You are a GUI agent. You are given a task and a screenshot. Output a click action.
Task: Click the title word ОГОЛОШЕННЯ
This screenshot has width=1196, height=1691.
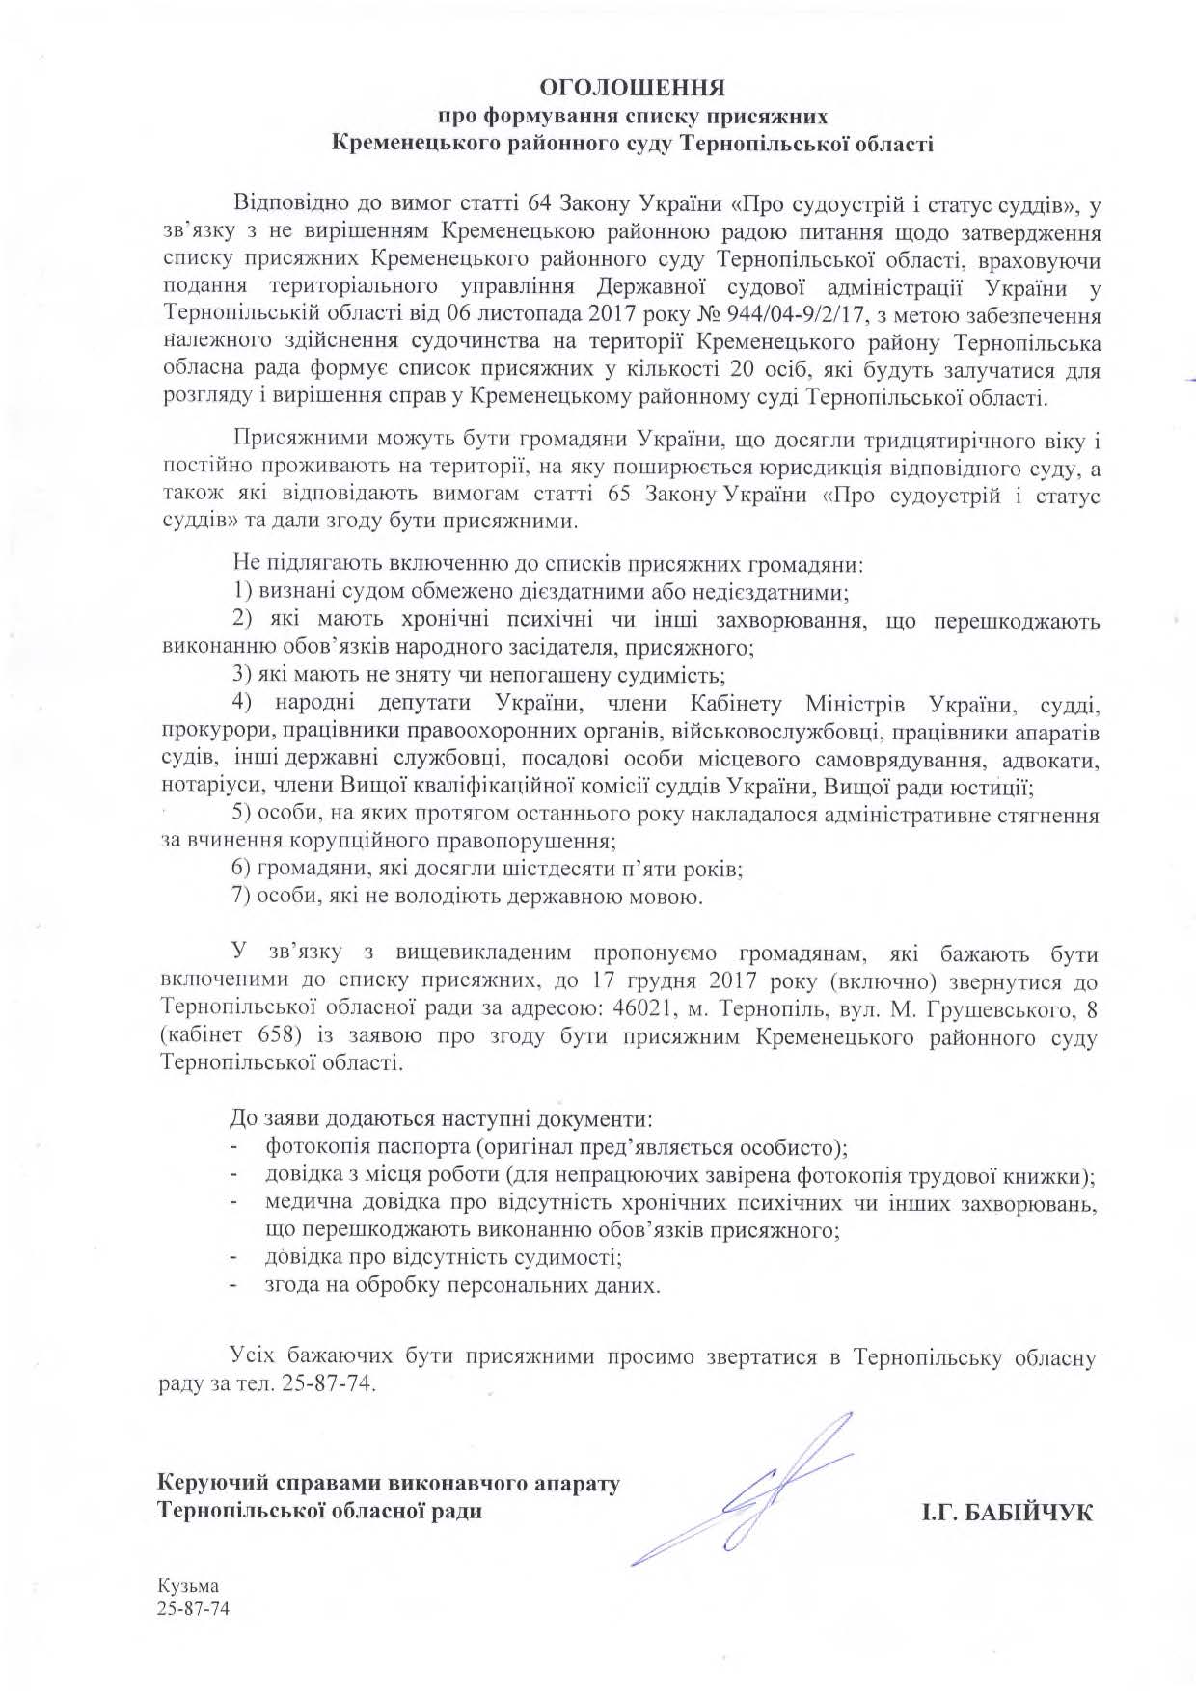pos(632,89)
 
